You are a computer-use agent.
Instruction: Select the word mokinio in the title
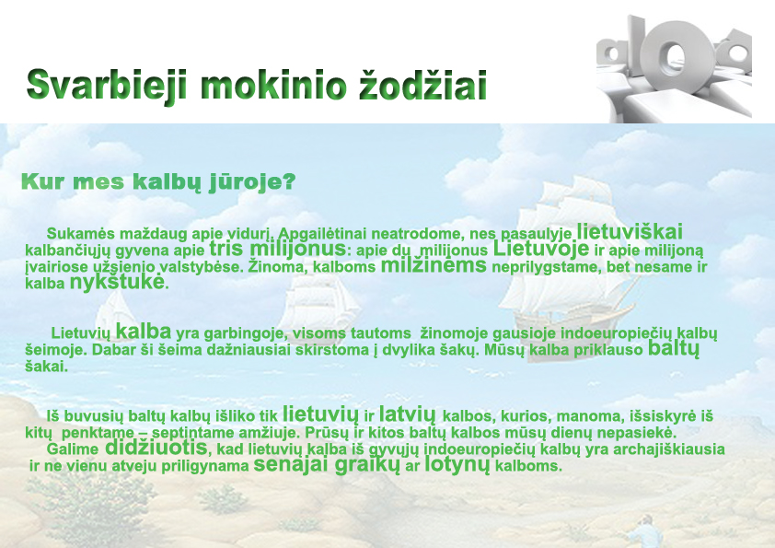click(272, 85)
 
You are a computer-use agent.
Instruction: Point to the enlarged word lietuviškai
click(630, 231)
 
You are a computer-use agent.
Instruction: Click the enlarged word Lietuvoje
click(541, 249)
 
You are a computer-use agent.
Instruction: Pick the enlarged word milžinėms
click(434, 265)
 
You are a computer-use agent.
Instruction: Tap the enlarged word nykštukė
click(117, 282)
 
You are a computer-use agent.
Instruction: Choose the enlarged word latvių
click(408, 414)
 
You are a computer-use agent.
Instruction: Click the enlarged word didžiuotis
click(156, 448)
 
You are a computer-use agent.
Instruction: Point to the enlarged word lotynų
click(457, 464)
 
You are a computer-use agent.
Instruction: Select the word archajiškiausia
click(669, 450)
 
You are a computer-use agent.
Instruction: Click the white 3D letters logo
click(674, 68)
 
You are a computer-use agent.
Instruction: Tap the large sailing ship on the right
click(563, 262)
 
